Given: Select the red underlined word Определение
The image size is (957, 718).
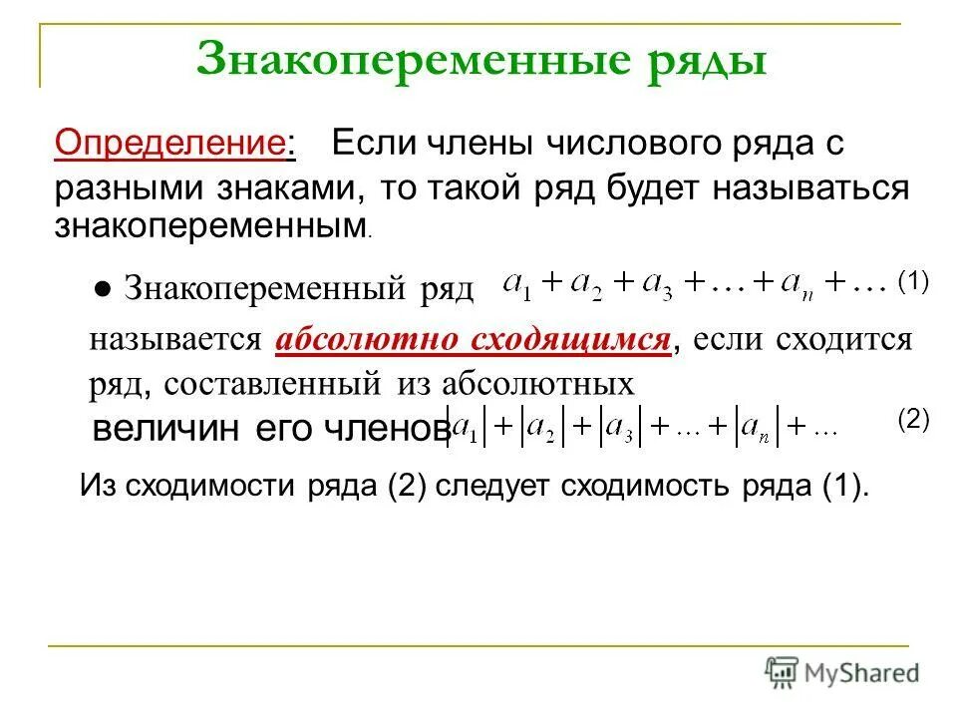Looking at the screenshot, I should pyautogui.click(x=169, y=144).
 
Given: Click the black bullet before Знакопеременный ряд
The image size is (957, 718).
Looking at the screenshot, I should pyautogui.click(x=103, y=288).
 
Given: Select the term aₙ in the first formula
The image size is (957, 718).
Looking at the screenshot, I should pyautogui.click(x=796, y=285).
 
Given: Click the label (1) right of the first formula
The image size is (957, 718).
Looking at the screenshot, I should pyautogui.click(x=912, y=281).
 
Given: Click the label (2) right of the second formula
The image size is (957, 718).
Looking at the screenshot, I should pyautogui.click(x=912, y=419).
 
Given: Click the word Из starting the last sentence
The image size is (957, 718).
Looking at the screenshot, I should pyautogui.click(x=97, y=488).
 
